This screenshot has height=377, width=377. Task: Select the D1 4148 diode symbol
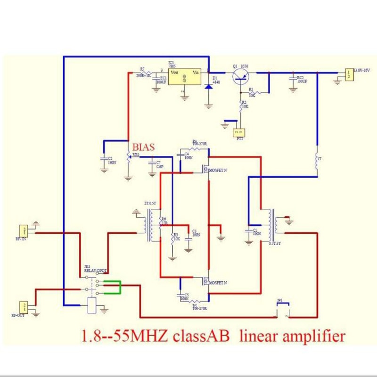click(209, 87)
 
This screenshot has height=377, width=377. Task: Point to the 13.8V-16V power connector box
click(349, 74)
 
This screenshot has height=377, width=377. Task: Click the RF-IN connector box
click(23, 231)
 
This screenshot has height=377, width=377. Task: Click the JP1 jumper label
click(280, 300)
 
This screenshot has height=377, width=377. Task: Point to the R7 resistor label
click(142, 69)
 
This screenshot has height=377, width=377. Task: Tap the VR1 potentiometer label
click(136, 155)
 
